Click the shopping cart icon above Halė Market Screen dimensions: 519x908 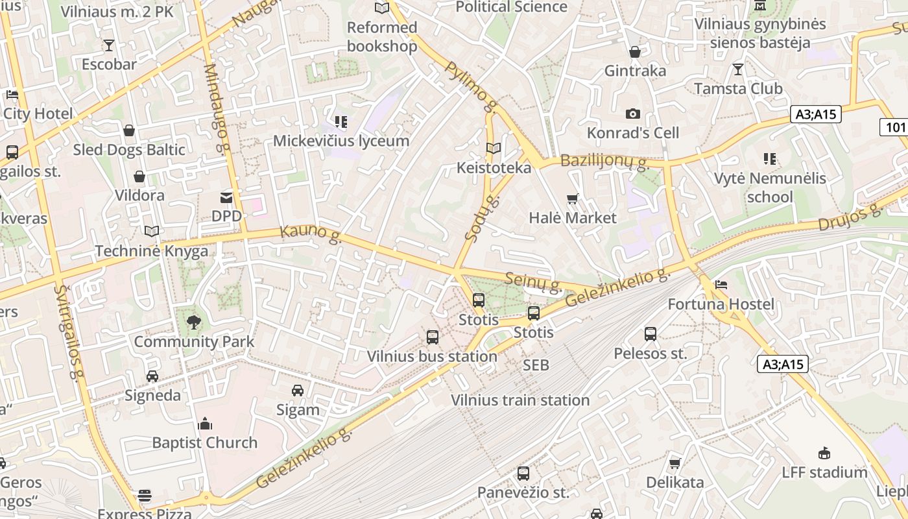pos(572,199)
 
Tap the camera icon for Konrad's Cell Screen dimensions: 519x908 pos(633,114)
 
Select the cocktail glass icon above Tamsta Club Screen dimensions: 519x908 pos(737,69)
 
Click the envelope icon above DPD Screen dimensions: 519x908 pos(226,197)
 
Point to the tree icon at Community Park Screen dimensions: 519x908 pos(193,322)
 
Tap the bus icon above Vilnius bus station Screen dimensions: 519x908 pos(433,337)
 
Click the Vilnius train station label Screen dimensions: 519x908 pos(520,400)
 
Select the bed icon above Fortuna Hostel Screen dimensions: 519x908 pos(721,285)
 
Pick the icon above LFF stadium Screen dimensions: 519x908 pos(824,453)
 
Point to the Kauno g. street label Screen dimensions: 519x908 pos(311,234)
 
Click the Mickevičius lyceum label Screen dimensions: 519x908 pos(341,141)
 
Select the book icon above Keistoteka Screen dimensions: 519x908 pos(494,149)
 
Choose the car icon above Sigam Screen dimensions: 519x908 pos(298,390)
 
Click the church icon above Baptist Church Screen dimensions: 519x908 pos(205,424)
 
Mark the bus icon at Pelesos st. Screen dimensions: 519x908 pos(651,334)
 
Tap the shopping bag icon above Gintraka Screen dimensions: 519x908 pos(635,51)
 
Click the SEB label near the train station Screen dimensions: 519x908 pos(536,365)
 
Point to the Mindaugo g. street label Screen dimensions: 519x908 pos(218,109)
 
